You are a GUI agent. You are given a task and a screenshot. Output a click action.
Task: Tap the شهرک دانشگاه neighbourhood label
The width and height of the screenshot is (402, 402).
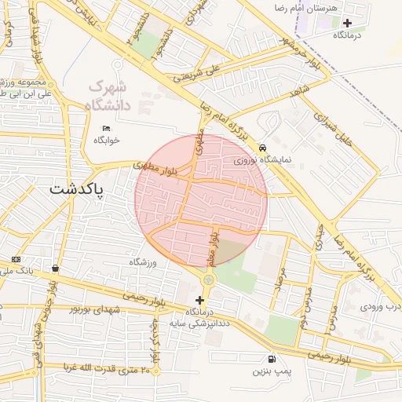pyautogui.click(x=108, y=95)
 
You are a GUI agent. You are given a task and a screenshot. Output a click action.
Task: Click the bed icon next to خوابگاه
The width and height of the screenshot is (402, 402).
pyautogui.click(x=107, y=128)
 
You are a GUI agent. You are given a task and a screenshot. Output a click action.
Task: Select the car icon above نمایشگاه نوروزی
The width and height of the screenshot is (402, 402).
pyautogui.click(x=262, y=147)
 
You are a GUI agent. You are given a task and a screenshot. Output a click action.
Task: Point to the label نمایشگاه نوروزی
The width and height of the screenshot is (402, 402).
pyautogui.click(x=262, y=160)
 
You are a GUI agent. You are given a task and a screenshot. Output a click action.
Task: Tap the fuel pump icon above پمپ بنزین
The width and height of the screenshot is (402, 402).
pyautogui.click(x=272, y=357)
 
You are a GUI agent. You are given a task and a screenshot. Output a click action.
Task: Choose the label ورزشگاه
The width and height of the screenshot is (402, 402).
pyautogui.click(x=144, y=261)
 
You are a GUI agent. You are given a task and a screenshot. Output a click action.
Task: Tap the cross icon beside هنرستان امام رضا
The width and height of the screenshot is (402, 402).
pyautogui.click(x=347, y=23)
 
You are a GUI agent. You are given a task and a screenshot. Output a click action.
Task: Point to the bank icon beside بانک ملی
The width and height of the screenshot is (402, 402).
pyautogui.click(x=15, y=260)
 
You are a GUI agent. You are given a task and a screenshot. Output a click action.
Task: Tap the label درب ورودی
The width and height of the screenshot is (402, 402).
pyautogui.click(x=382, y=305)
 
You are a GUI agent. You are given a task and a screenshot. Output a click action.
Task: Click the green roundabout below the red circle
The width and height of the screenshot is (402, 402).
pyautogui.click(x=208, y=280)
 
